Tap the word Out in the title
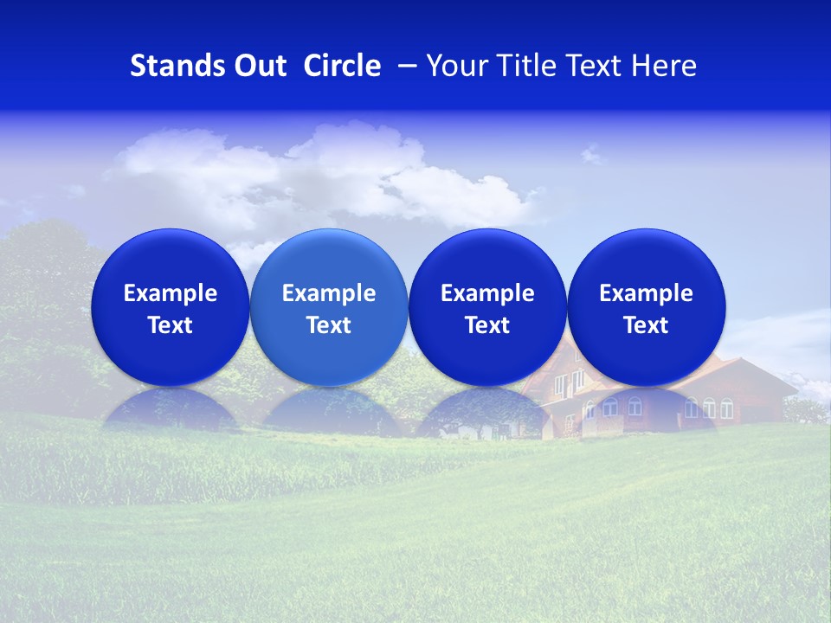[x=258, y=66]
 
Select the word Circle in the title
[x=342, y=66]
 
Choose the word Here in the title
[x=665, y=66]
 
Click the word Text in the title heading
[x=595, y=66]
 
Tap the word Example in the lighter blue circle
[x=329, y=293]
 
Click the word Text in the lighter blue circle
[x=329, y=325]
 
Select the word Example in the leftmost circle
[x=171, y=293]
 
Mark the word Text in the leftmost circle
[x=171, y=325]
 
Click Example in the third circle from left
[x=487, y=293]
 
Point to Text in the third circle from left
[x=487, y=325]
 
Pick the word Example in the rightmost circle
[x=646, y=293]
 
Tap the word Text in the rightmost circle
[x=646, y=325]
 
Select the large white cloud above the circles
[x=329, y=173]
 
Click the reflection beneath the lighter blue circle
[x=329, y=410]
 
